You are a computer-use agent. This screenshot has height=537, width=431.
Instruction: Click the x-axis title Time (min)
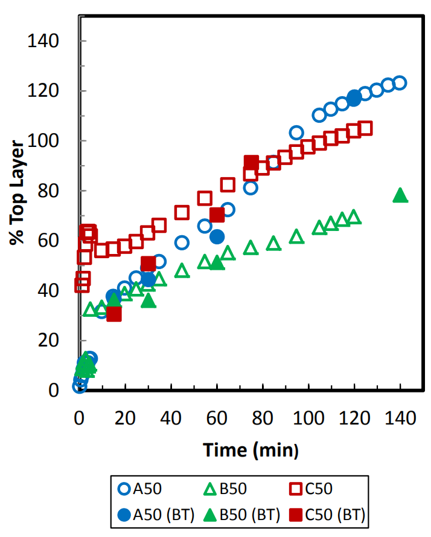(x=251, y=449)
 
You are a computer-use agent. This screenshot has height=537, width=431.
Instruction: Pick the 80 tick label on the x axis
(x=263, y=417)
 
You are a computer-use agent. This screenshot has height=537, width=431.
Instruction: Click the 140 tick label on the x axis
(x=400, y=417)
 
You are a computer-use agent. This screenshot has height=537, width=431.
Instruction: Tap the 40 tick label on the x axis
(x=171, y=417)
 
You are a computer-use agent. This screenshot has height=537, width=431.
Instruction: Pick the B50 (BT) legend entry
(x=242, y=515)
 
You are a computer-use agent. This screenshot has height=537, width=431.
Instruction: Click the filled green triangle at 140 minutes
(x=400, y=195)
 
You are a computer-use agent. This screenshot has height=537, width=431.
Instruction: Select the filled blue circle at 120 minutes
(x=354, y=99)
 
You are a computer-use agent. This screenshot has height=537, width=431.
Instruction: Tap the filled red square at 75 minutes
(x=251, y=162)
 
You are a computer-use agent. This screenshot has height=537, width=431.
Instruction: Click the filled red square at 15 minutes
(x=113, y=314)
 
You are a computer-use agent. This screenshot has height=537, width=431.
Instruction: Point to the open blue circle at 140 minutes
(x=400, y=83)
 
